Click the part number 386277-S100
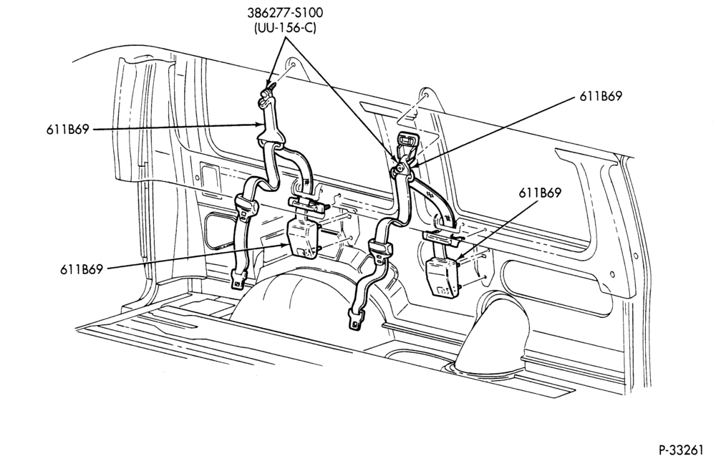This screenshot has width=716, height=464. (x=284, y=12)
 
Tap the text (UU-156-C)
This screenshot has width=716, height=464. (x=284, y=27)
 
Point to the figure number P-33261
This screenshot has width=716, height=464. (x=681, y=450)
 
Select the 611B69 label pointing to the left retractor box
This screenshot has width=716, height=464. (x=82, y=269)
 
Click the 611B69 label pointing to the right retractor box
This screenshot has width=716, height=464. (x=540, y=193)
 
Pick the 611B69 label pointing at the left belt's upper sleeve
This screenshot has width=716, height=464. (x=67, y=129)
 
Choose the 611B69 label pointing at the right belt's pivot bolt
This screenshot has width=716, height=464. (x=601, y=97)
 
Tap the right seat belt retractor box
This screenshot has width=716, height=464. (x=442, y=277)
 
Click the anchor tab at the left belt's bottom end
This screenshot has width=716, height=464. (x=238, y=279)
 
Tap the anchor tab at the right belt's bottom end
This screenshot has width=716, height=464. (x=356, y=319)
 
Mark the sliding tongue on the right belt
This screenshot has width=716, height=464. (x=380, y=251)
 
